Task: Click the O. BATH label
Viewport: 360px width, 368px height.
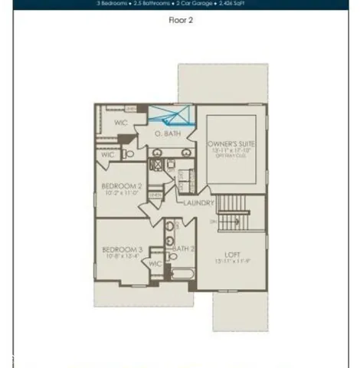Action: [x=168, y=134]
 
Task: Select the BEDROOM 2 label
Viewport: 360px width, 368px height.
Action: [x=121, y=186]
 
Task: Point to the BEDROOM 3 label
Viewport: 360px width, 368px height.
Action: [x=122, y=250]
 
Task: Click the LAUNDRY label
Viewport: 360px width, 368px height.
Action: [x=199, y=202]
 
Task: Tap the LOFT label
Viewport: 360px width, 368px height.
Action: [x=233, y=255]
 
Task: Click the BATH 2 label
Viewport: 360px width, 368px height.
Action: [x=182, y=248]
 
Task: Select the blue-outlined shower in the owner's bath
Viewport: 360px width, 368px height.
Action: [x=170, y=115]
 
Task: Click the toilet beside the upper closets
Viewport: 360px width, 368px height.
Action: [x=129, y=154]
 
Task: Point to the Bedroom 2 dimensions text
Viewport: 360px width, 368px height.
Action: [x=121, y=193]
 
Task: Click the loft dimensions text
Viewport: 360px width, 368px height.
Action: [x=233, y=262]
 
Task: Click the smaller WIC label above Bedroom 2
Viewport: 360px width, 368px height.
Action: [x=107, y=154]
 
